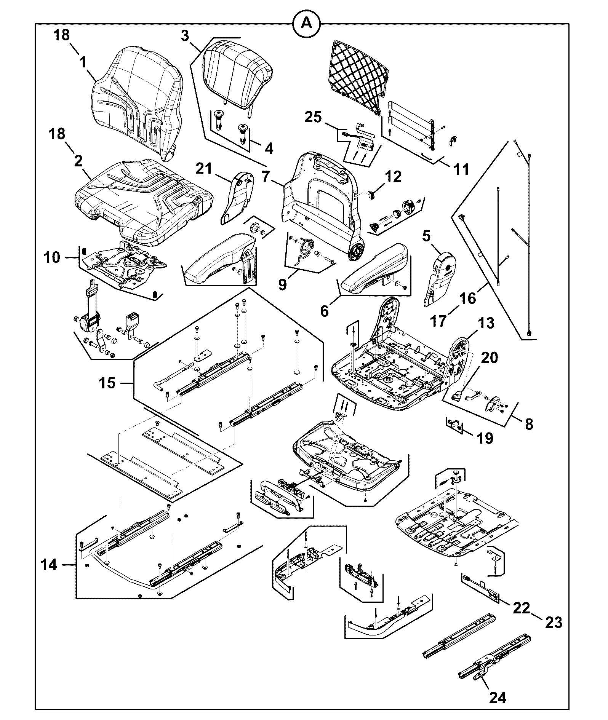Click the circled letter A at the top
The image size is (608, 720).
(x=306, y=24)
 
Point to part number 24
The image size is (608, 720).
(x=497, y=698)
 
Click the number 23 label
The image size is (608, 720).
(x=554, y=623)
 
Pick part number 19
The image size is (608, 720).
(x=485, y=438)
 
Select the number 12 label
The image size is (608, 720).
(x=393, y=176)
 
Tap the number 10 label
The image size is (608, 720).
(x=52, y=257)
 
